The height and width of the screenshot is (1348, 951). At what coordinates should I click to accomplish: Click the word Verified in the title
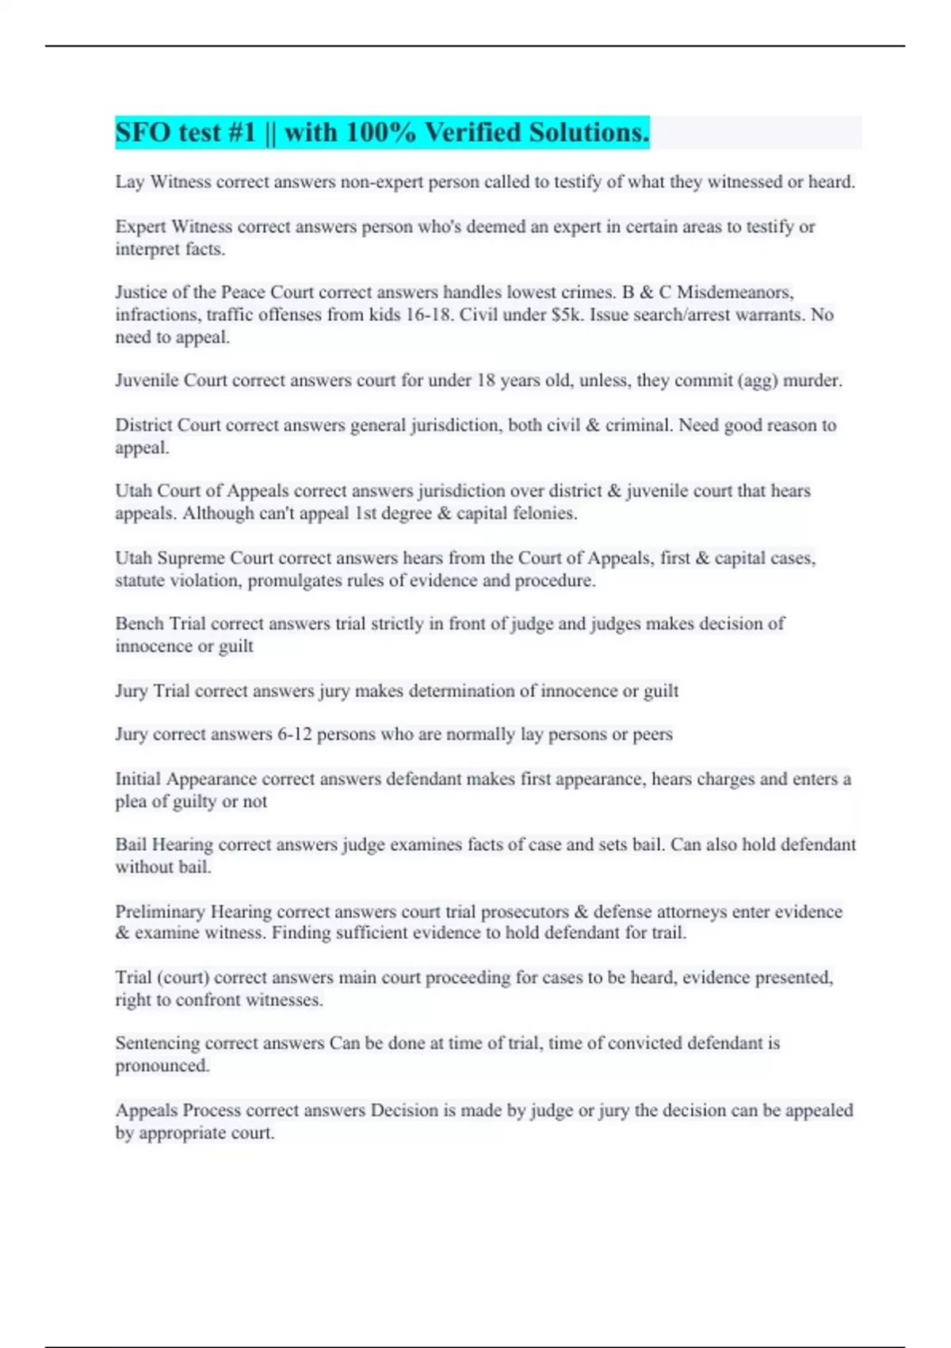click(x=472, y=132)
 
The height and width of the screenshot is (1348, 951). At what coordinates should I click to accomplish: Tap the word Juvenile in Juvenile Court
click(x=147, y=381)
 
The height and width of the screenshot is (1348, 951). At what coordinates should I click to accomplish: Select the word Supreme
click(x=191, y=558)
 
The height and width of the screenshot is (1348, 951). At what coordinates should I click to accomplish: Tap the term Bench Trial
click(x=160, y=624)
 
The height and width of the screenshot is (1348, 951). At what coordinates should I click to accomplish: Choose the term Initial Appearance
click(x=185, y=779)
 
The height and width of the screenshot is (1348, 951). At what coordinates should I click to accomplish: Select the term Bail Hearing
click(x=164, y=845)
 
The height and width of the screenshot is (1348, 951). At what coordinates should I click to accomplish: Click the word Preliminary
click(x=159, y=912)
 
